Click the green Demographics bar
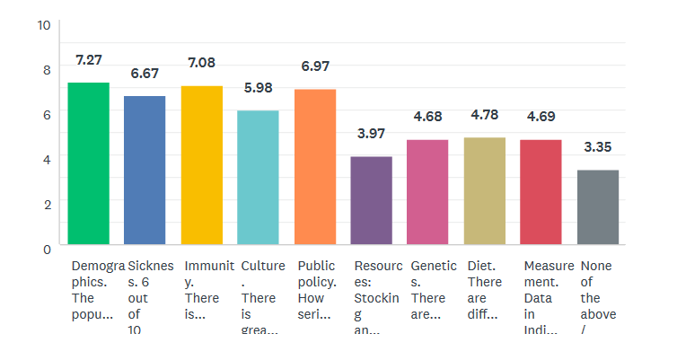[89, 163]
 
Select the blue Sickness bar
[145, 170]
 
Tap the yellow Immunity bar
[202, 165]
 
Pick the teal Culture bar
[258, 177]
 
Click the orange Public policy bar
[315, 167]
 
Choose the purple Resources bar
[372, 200]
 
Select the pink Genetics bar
[427, 192]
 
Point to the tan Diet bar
[485, 190]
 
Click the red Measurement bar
[541, 192]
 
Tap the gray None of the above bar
[598, 206]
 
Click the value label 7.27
[89, 60]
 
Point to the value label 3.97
[371, 134]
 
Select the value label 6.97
[315, 67]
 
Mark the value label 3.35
[598, 147]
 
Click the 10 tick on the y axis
[43, 25]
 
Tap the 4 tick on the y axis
[47, 159]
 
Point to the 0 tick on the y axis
[47, 249]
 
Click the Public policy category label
[316, 290]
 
